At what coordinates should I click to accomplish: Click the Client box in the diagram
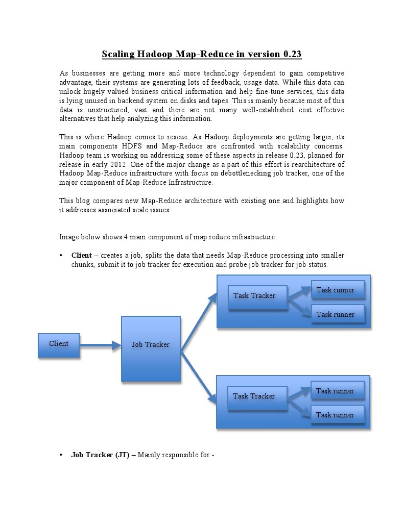59,344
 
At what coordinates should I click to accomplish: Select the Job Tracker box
151,348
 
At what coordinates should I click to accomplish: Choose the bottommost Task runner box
337,415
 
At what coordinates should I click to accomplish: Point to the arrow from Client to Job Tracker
100,345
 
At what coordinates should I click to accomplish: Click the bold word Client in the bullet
82,255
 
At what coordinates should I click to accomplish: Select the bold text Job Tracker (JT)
100,455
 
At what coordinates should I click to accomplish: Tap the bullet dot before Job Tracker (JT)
61,455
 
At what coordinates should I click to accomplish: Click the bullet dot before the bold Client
61,255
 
